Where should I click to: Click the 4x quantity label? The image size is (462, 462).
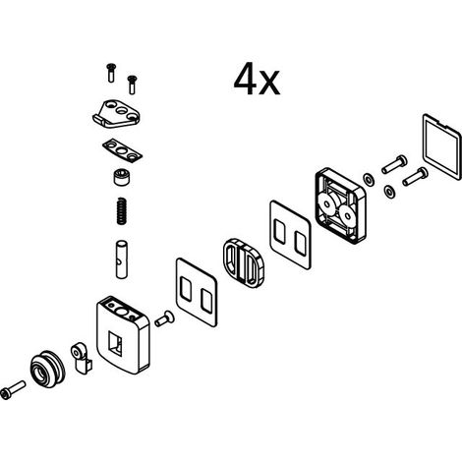(257, 80)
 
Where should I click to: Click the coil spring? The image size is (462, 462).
(122, 211)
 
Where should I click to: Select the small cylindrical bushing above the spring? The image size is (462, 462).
(121, 177)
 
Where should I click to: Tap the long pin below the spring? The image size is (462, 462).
(121, 260)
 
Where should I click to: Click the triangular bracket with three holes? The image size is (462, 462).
(116, 114)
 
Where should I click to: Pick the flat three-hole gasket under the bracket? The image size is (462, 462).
(122, 151)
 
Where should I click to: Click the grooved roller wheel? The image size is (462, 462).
(48, 370)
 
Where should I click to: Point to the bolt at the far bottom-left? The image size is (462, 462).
(13, 390)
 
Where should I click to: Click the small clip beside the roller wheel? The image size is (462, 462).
(81, 358)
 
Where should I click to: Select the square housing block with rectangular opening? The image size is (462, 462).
(123, 335)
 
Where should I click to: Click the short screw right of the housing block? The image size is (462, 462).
(164, 318)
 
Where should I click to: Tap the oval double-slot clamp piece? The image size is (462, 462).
(243, 263)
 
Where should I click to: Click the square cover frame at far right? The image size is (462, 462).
(441, 146)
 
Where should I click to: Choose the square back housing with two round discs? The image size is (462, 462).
(341, 205)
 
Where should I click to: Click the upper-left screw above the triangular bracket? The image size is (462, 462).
(111, 73)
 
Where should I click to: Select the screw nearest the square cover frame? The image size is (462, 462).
(416, 176)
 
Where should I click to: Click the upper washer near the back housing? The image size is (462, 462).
(369, 180)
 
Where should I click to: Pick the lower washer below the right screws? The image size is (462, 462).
(389, 192)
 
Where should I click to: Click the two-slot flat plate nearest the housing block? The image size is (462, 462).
(197, 292)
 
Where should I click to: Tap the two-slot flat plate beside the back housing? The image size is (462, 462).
(290, 235)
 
